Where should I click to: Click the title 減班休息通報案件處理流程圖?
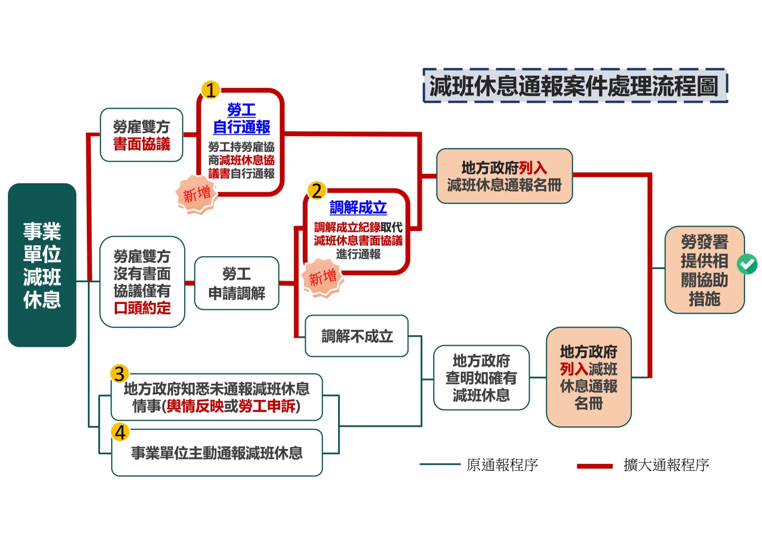coord(575,86)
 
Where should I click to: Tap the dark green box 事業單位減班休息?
coord(42,265)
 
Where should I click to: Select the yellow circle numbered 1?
coord(211,90)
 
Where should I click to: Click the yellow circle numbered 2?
coord(316,190)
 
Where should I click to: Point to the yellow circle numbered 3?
coord(120,374)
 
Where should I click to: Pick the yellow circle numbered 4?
coord(120,432)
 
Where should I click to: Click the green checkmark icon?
coord(747,264)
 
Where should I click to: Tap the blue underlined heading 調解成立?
coord(358,208)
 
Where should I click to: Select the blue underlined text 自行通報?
coord(241,127)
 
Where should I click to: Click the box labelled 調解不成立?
coord(357,336)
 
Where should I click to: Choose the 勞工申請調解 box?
coord(237,284)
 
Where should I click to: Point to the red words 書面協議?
coord(141,144)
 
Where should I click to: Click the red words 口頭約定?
coord(142,308)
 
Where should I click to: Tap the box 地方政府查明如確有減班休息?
coord(481,378)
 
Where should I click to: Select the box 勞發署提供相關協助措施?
coord(704,271)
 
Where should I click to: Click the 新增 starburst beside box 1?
coord(197,194)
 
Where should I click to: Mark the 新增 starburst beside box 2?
coord(322,277)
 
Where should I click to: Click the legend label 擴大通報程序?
coord(666,465)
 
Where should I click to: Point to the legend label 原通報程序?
coord(502,465)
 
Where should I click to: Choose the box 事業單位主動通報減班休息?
coord(216,453)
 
